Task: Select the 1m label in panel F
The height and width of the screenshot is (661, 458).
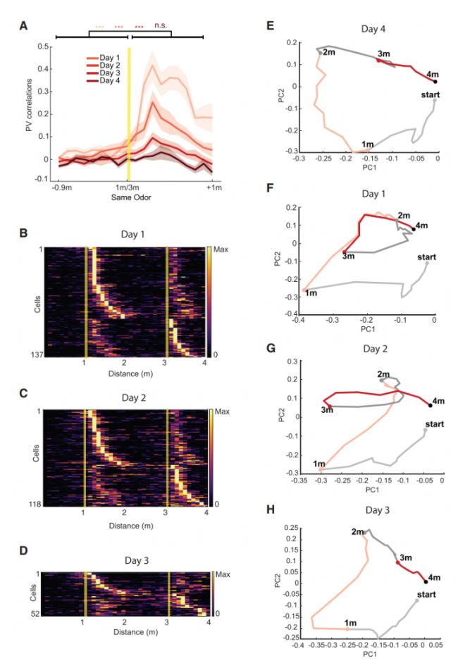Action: (x=310, y=292)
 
